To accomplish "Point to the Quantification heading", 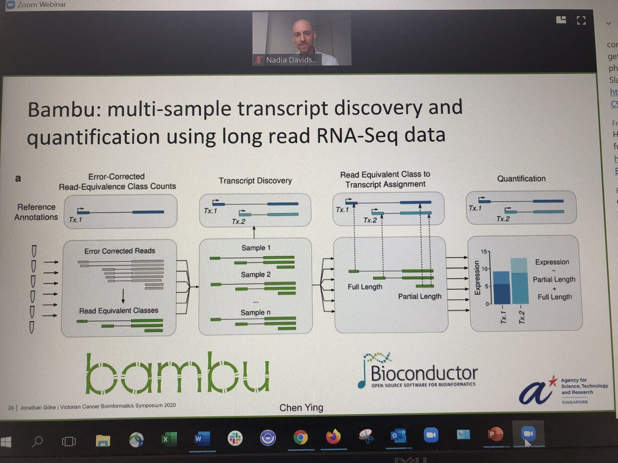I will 521,179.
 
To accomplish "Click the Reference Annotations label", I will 36,211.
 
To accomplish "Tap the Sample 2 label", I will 255,275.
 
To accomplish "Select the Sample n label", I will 255,312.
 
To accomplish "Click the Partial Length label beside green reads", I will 419,296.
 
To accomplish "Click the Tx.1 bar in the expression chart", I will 501,288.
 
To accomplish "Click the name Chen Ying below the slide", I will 301,408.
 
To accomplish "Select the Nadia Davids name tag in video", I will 291,61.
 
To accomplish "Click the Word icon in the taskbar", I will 199,437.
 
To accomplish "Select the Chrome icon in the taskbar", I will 300,437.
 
